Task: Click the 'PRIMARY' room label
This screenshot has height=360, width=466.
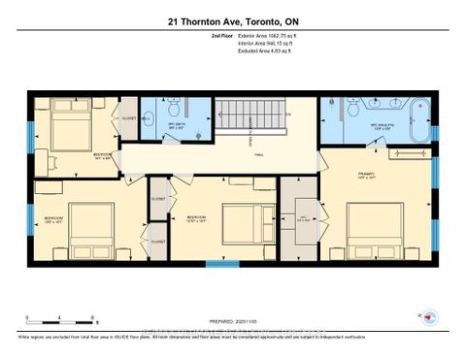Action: click(366, 175)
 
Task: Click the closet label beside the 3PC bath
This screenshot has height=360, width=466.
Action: click(127, 119)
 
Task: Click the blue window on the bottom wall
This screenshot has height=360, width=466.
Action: click(222, 263)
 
